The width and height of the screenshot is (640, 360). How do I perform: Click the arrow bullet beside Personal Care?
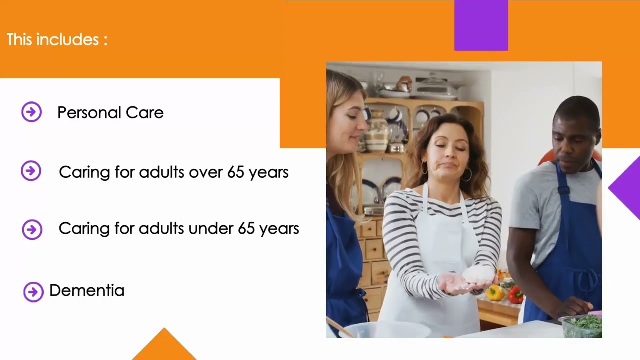click(x=31, y=112)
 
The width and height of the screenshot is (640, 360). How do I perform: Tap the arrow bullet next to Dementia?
click(x=33, y=292)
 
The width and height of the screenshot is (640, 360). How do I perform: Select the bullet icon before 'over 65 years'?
click(x=31, y=171)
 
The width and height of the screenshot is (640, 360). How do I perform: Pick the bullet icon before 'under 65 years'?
click(x=32, y=229)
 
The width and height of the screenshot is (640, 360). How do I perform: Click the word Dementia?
click(x=87, y=290)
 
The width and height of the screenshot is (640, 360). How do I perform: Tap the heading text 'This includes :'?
click(x=57, y=40)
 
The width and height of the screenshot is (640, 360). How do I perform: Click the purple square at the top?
click(x=481, y=25)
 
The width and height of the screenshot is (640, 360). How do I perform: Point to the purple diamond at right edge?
click(x=627, y=187)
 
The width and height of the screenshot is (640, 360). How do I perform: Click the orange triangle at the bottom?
click(x=164, y=346)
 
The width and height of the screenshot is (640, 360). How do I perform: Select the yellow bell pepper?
click(x=495, y=292)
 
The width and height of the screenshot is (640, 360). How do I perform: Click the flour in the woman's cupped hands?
click(x=478, y=274)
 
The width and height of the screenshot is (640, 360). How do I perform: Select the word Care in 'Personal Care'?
click(x=144, y=113)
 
